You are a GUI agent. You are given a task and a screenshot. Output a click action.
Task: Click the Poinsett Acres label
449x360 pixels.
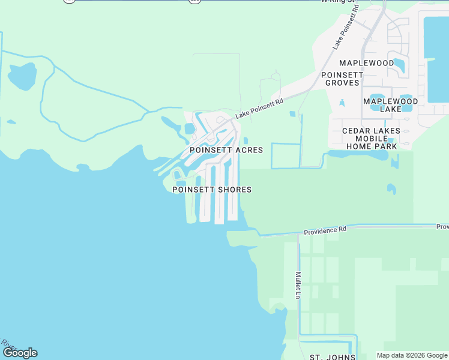pos(226,150)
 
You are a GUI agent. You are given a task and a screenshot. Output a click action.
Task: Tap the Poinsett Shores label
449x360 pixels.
pos(212,190)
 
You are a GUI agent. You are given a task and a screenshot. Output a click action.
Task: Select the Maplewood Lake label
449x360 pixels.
pos(390,105)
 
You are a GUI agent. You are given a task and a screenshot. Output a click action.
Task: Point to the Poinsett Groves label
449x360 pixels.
pos(342,79)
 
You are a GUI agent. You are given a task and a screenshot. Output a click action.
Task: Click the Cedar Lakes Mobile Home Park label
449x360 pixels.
pos(370,138)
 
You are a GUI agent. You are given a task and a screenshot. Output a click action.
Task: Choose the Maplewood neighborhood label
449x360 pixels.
pos(366,63)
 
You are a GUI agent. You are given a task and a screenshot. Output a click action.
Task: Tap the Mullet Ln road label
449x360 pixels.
pos(298,285)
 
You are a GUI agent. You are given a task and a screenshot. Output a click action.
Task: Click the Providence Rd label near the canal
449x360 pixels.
pos(325,230)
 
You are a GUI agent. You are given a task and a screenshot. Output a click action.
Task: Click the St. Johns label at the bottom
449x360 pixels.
pos(329,357)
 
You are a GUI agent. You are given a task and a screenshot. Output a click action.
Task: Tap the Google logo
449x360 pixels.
pos(20,353)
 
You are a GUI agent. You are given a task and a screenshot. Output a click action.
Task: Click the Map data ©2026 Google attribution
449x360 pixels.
pos(412,355)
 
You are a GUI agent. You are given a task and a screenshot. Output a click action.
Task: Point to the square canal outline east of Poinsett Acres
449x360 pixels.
pos(285,156)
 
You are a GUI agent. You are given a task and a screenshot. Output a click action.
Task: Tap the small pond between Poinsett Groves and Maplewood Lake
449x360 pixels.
pos(342,103)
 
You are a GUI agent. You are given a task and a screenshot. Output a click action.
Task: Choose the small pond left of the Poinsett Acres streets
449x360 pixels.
pos(190,128)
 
